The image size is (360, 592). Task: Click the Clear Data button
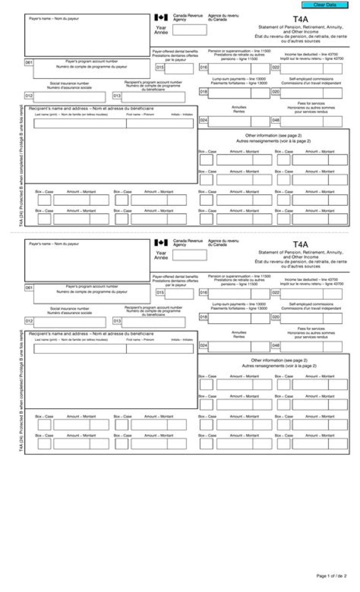(324, 5)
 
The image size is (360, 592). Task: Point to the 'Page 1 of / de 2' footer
(331, 576)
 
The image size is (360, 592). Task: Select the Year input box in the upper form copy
(189, 30)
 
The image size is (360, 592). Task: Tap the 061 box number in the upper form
(29, 62)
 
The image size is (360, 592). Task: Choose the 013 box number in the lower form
(117, 321)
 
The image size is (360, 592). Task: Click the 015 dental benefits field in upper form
(179, 68)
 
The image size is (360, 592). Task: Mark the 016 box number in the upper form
(204, 67)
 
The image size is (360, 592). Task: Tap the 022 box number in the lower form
(275, 293)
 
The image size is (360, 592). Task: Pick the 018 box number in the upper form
(204, 92)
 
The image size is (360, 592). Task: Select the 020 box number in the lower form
(275, 317)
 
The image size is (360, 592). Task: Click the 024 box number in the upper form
(204, 120)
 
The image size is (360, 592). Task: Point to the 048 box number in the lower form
(275, 345)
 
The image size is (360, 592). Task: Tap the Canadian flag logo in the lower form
(161, 242)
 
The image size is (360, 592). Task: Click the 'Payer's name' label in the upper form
(53, 19)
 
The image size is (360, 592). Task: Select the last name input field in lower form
(80, 349)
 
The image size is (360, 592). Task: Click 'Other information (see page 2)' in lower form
(279, 360)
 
